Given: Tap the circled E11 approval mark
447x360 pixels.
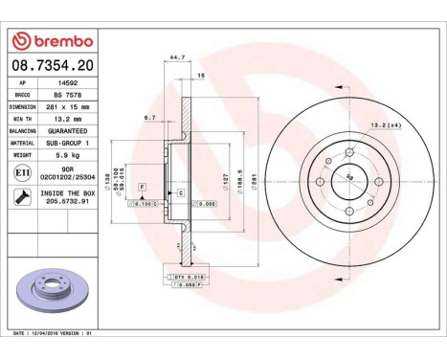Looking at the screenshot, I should (20, 172).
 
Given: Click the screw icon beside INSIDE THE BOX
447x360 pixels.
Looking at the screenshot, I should (20, 197).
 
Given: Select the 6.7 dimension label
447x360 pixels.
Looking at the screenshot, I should (149, 118).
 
